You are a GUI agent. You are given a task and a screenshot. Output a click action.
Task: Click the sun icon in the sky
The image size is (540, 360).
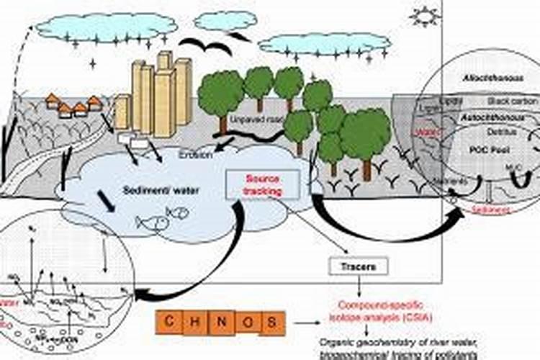pos(423,16)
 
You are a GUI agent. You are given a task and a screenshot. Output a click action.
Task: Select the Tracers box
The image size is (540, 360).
pos(359,266)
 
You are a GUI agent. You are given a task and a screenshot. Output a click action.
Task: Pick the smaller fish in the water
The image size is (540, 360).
pos(177,212)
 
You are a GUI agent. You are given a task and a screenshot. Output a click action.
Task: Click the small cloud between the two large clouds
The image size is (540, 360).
pos(225,21)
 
